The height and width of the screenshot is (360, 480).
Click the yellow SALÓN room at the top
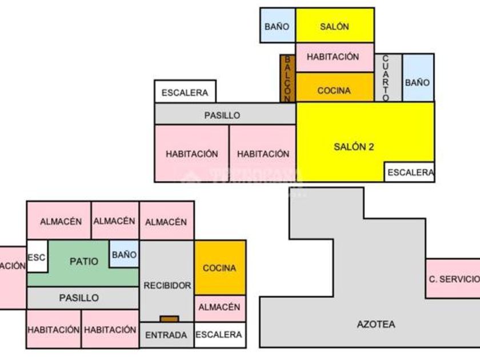click(334, 26)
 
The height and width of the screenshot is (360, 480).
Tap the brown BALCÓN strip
click(287, 78)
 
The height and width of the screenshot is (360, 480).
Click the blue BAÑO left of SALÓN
click(277, 26)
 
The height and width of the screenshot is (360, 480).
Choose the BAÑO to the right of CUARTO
click(417, 82)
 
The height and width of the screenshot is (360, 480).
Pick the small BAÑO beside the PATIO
click(124, 254)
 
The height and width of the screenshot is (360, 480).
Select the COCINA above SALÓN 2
click(334, 90)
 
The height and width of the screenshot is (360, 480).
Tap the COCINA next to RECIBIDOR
click(219, 267)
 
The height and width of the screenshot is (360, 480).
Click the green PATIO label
click(83, 261)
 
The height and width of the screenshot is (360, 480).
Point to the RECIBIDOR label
click(167, 285)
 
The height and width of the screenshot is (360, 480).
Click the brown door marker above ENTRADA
click(169, 319)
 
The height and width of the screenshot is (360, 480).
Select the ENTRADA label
click(166, 335)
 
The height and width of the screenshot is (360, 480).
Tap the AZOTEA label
click(375, 324)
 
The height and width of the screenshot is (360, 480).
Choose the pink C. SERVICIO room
click(454, 279)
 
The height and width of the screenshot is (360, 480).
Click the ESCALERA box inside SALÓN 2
click(410, 172)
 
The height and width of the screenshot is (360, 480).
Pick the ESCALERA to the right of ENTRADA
click(219, 335)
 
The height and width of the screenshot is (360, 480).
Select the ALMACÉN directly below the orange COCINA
click(219, 307)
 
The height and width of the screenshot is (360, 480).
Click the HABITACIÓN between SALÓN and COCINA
click(333, 57)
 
